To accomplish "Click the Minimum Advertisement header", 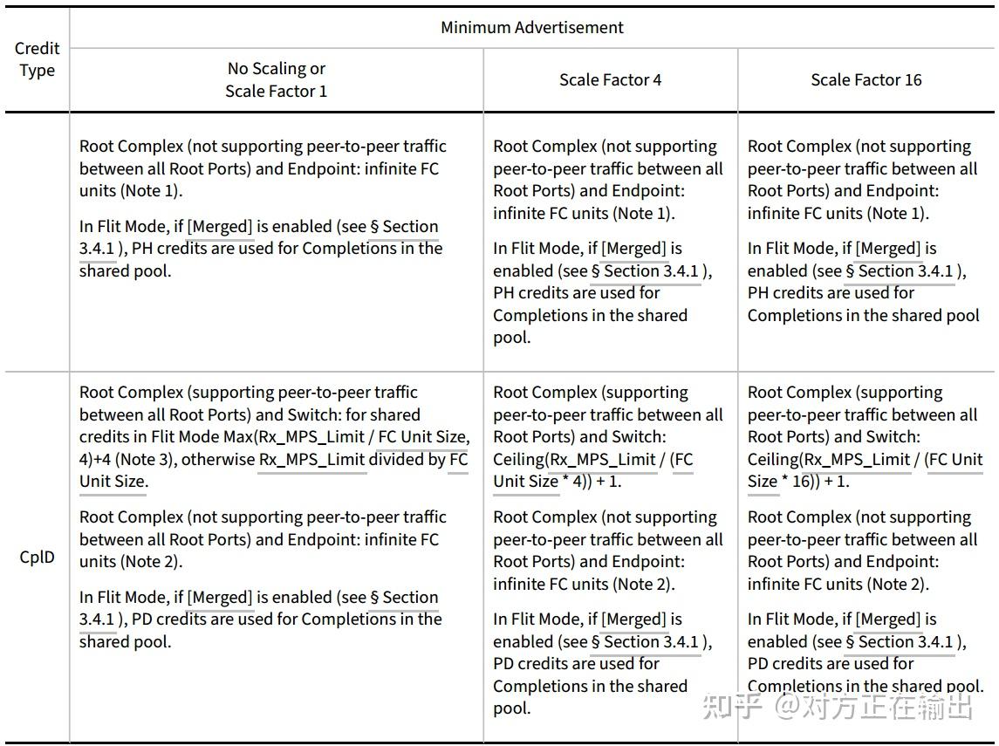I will coord(531,27).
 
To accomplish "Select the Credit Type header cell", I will coord(37,59).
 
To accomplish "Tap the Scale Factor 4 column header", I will coord(610,80).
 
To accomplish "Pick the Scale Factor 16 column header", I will coord(866,80).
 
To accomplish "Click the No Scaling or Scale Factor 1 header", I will coord(276,79).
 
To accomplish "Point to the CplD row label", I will coord(37,557).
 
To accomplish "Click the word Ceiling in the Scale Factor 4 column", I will coord(520,459).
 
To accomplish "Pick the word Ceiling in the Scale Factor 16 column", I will coord(775,459).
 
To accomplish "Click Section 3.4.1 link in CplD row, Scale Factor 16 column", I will coord(906,642).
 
